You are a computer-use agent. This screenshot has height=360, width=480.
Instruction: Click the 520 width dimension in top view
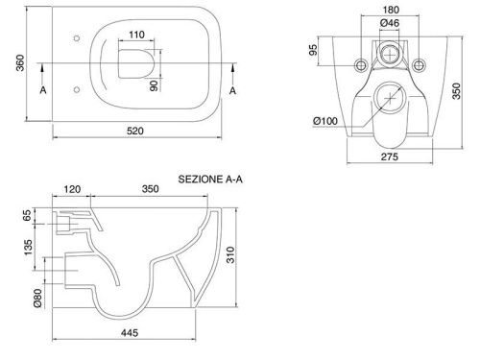135,131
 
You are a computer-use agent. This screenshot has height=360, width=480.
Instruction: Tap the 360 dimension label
20,63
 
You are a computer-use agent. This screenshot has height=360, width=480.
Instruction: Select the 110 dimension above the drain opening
136,35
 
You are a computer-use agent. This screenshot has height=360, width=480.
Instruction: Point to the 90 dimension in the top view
154,85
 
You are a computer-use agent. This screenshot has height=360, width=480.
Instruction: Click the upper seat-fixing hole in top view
77,38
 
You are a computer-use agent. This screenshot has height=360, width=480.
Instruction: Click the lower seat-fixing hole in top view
77,89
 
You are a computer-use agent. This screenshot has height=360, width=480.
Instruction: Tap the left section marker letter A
43,90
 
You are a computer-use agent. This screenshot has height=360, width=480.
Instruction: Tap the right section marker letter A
232,91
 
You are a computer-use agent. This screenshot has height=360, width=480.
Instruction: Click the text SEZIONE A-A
210,180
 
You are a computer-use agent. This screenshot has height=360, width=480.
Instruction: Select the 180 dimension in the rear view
391,10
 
